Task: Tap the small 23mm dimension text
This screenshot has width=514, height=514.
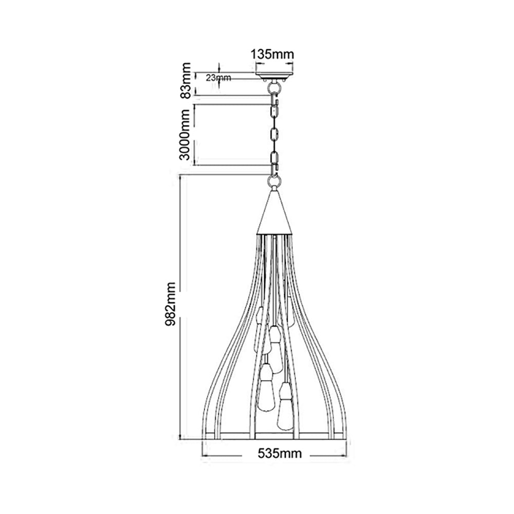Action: pos(218,78)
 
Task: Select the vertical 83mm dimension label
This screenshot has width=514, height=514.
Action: pos(186,80)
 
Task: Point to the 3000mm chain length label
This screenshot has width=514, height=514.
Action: pos(186,135)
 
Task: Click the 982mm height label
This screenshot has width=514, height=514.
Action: pos(170,306)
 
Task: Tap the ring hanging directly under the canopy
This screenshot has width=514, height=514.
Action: pos(274,88)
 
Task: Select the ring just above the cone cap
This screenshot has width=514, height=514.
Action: pos(274,182)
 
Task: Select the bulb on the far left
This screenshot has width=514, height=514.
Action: pos(260,321)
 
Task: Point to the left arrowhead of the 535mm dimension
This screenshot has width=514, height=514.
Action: pos(205,455)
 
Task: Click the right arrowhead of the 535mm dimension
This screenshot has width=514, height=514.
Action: pos(345,455)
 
